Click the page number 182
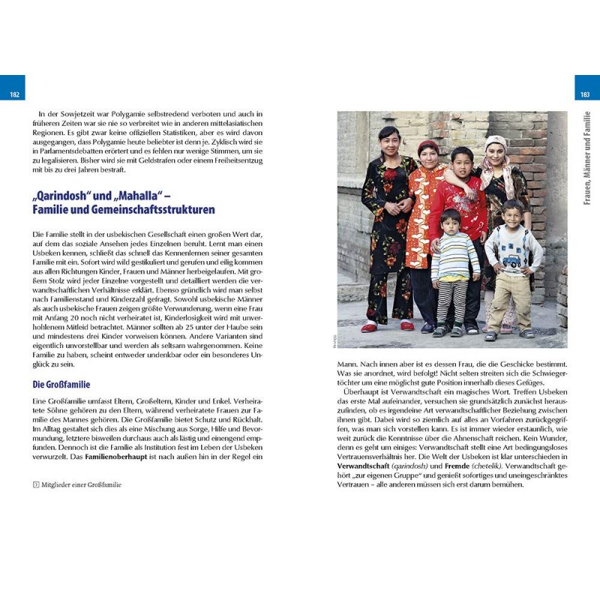[14, 94]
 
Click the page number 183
[585, 94]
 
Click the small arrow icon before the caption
[36, 484]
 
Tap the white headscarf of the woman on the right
[496, 142]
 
